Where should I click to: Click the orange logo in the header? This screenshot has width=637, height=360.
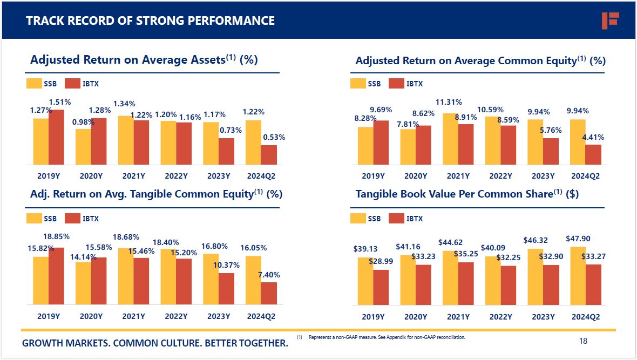(x=610, y=21)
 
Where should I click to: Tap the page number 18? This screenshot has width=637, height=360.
(x=583, y=341)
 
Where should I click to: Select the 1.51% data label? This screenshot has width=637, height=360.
(x=60, y=102)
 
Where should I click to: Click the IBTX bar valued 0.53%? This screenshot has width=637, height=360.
(x=269, y=154)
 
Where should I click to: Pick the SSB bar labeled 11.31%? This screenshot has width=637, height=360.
(x=450, y=139)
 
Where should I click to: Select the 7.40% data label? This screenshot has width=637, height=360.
(x=269, y=275)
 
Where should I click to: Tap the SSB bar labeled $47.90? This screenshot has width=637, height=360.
(x=578, y=276)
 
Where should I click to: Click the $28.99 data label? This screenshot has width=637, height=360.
(x=381, y=261)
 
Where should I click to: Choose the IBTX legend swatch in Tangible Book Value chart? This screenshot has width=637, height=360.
(x=396, y=219)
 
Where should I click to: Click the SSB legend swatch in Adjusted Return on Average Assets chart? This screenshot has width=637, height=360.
(x=34, y=84)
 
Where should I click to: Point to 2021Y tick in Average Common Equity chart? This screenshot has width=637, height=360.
(x=458, y=176)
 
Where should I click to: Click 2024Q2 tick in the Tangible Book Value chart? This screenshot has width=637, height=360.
(x=586, y=317)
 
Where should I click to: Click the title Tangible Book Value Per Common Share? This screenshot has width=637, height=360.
(x=466, y=194)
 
